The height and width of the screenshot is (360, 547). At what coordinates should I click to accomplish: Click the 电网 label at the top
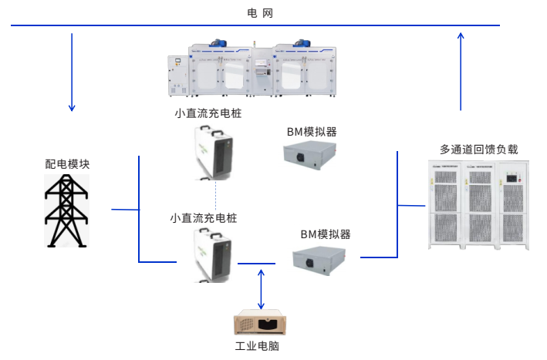tap(260, 13)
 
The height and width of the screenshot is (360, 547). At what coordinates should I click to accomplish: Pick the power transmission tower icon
tap(66, 210)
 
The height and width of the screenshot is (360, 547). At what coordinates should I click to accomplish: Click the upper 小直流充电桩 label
tap(208, 113)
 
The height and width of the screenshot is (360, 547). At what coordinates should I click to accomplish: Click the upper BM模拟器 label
tap(312, 131)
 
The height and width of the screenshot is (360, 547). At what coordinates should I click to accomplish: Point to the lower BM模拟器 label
tap(325, 234)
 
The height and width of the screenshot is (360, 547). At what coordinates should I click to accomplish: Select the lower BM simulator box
tap(324, 260)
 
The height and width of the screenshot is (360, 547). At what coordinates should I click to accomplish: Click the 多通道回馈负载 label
tap(478, 149)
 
